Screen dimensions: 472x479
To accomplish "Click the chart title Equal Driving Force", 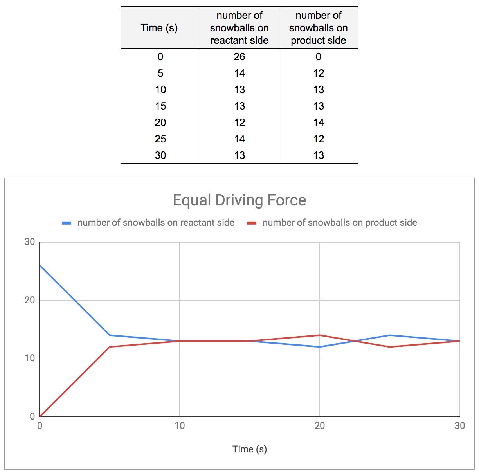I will tap(239, 200).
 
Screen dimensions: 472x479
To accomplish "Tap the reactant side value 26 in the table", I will tap(239, 57).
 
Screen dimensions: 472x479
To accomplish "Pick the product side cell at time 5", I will tap(319, 73).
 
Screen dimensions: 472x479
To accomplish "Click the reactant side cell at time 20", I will tap(239, 123).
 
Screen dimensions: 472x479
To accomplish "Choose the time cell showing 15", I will tap(160, 106).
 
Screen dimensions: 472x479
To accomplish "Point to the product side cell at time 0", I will tap(319, 57).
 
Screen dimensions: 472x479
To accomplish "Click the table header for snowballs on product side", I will tap(319, 28).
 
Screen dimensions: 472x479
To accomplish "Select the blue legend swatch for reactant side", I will tap(67, 223).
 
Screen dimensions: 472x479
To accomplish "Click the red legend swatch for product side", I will tap(252, 223).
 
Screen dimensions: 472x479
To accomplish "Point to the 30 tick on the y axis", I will tap(30, 242).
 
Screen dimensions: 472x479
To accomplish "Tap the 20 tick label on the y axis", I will tap(30, 300).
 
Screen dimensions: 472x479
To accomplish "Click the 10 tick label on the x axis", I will tap(180, 425).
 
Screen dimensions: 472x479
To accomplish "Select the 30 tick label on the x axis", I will tap(460, 425).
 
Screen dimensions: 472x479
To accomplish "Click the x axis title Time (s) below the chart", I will tap(250, 449).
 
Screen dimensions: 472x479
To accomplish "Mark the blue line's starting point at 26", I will tap(40, 265).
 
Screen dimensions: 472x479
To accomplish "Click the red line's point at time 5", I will tap(110, 347).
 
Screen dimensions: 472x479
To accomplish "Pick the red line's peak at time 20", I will tap(320, 335).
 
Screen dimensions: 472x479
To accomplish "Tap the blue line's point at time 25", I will tap(390, 335).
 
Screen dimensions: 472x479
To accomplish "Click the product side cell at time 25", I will tap(319, 139).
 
